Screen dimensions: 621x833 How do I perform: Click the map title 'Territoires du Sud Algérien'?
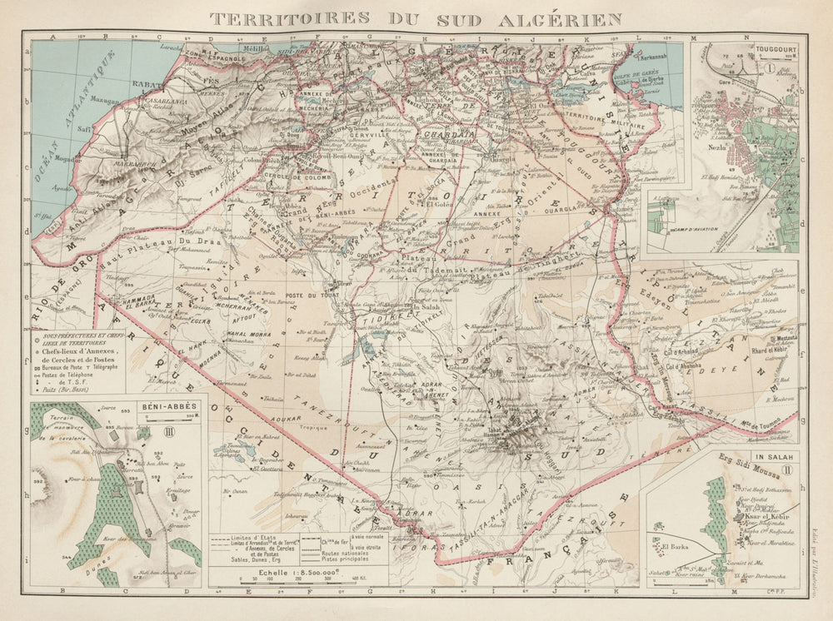[416, 17]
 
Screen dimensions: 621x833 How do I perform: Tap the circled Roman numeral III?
[168, 430]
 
